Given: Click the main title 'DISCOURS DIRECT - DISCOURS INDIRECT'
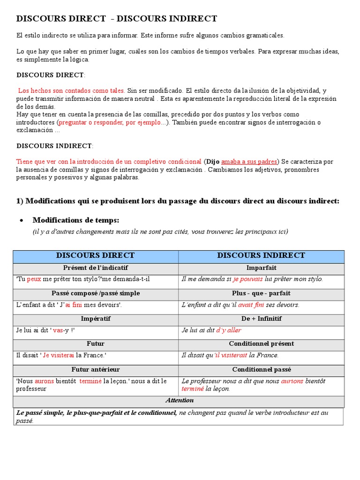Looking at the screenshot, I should coord(117,19).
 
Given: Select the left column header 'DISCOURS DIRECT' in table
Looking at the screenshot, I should coord(95,255).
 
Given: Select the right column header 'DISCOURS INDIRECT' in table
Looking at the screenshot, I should coord(261,255).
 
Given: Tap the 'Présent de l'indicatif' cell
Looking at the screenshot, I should coord(95,268).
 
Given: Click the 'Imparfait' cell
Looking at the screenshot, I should coord(261,268).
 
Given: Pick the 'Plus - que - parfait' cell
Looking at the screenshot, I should coord(261,293).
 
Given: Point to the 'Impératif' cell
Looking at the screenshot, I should coord(95,319).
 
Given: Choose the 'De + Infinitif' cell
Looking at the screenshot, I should coord(261,319).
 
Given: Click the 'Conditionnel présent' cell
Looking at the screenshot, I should coord(261,344).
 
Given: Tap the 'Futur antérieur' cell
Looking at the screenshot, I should coord(95,369).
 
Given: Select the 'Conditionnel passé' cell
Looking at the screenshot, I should coord(261,369).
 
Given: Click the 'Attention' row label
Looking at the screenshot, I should coord(180,400).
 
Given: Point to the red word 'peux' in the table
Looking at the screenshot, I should coord(34,279).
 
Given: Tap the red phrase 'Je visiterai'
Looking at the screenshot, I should coord(59,355).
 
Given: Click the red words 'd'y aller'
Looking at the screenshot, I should coord(229,330).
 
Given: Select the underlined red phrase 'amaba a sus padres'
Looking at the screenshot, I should coord(249,162).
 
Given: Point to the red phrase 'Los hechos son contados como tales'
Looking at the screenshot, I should coord(71,91).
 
